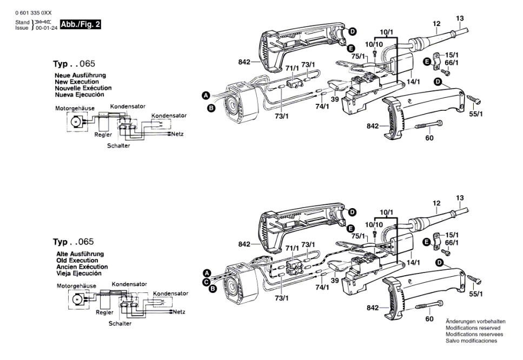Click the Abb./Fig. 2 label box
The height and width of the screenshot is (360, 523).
tap(80, 24)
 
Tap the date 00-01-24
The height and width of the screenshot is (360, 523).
tap(47, 28)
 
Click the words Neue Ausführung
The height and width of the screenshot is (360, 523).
tap(80, 75)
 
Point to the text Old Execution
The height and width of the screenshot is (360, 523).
tap(77, 261)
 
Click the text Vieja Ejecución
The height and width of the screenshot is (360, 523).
tap(80, 274)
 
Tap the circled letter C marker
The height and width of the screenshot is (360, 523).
tap(206, 282)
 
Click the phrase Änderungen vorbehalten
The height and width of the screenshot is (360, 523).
tap(475, 321)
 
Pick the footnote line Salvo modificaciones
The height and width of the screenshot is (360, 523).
tap(471, 341)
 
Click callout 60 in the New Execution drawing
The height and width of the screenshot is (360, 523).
tap(429, 137)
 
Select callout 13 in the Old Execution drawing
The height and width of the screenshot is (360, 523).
tap(460, 198)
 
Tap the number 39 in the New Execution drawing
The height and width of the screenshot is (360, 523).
tap(335, 99)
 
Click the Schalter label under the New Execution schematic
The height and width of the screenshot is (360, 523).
tap(118, 146)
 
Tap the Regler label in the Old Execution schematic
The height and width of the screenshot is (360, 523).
tap(104, 312)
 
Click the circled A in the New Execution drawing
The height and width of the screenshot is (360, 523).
tap(206, 95)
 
